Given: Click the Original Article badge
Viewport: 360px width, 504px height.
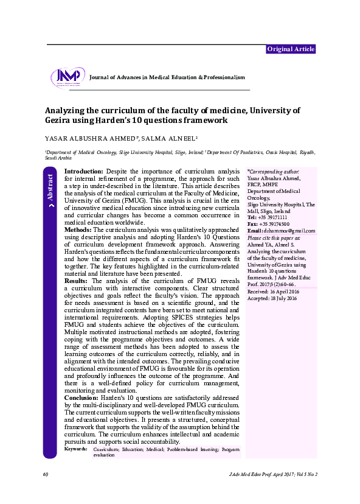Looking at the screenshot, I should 291,49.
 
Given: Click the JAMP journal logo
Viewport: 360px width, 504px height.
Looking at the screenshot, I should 68,77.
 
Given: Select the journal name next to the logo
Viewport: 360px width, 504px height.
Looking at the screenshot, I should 167,78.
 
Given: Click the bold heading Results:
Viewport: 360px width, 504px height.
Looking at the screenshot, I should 77,281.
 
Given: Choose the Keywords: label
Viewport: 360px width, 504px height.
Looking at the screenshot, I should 75,449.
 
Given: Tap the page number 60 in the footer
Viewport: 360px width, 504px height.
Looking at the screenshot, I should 46,474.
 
